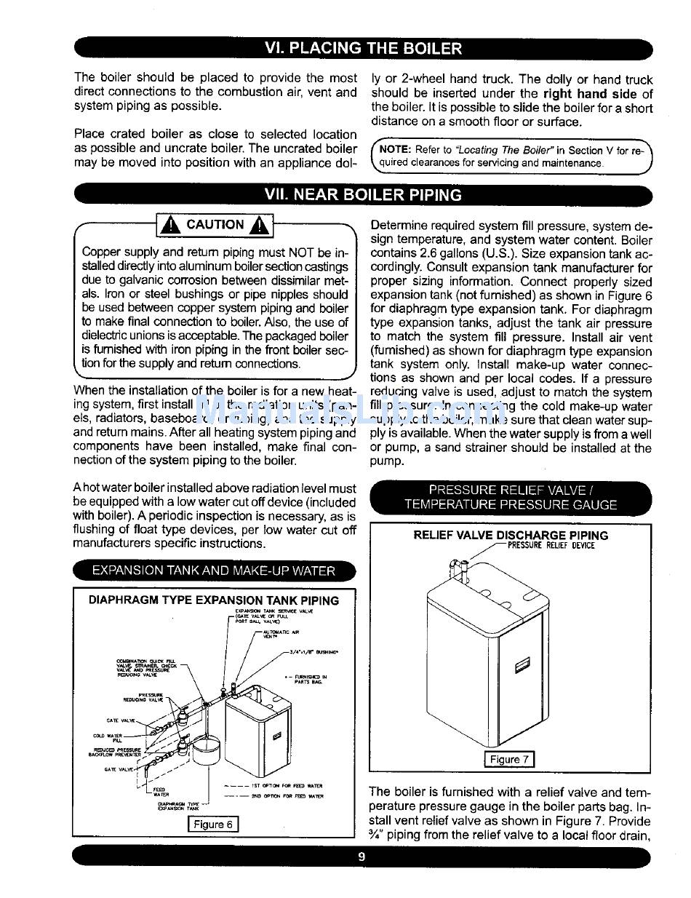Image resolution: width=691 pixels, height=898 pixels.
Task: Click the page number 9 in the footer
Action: coord(362,857)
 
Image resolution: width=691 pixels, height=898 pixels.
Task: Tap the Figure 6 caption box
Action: coord(213,824)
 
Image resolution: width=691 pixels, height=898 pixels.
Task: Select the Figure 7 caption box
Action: coord(509,759)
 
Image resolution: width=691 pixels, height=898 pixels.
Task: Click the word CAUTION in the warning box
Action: coord(215,225)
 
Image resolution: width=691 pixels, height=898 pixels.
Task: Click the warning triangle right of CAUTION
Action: coord(259,226)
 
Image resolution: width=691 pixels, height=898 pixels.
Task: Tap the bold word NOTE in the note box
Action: coord(396,150)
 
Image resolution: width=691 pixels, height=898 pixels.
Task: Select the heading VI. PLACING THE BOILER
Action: coord(363,49)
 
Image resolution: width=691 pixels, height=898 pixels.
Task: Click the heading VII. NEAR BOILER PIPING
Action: coord(363,195)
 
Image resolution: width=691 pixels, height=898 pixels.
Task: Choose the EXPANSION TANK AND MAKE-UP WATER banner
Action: coord(213,571)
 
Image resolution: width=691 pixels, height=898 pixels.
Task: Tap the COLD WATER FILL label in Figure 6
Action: coord(108,737)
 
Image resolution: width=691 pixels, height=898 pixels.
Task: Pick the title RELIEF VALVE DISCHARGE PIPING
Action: coord(511,535)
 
